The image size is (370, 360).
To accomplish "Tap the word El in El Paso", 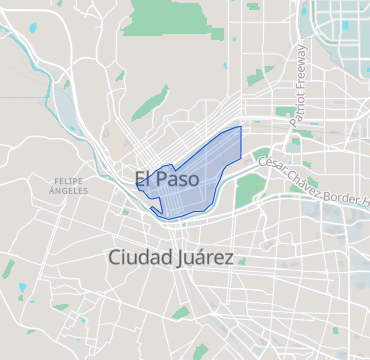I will [x=143, y=180].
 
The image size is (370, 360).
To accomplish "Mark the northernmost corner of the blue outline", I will [x=241, y=126].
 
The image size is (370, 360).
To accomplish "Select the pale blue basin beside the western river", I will [x=65, y=103].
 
